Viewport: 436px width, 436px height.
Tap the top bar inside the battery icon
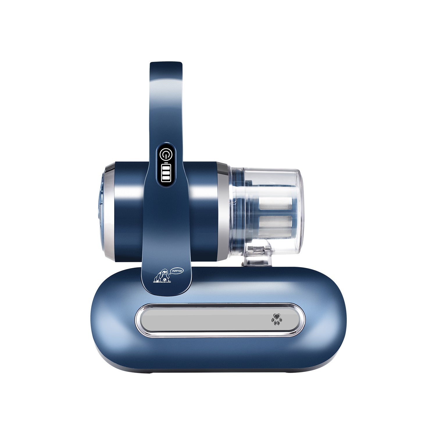pos(167,168)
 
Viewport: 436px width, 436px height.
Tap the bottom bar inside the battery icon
pos(167,178)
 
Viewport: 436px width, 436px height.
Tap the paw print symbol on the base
pos(277,319)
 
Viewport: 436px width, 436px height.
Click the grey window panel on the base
pos(220,320)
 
